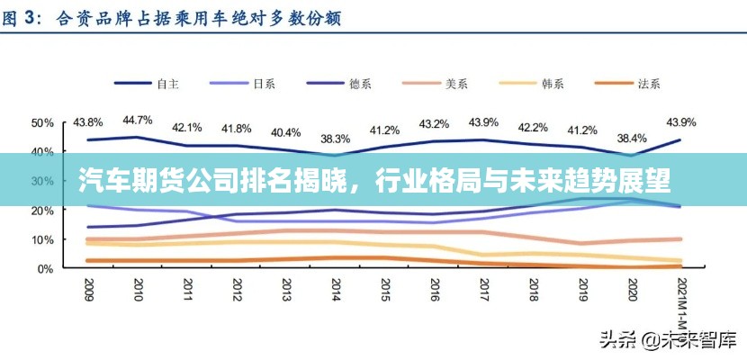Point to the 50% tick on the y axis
click(x=41, y=122)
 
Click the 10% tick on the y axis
click(x=41, y=239)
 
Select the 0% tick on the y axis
click(x=45, y=269)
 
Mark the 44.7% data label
click(x=138, y=120)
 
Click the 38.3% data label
click(x=335, y=139)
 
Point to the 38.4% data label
click(x=631, y=139)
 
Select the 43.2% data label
click(x=434, y=123)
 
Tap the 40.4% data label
click(x=286, y=132)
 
